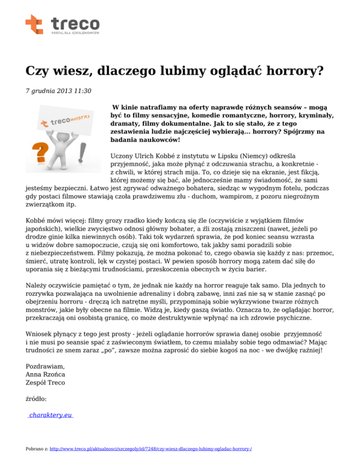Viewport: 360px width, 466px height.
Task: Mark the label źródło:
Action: point(37,399)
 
